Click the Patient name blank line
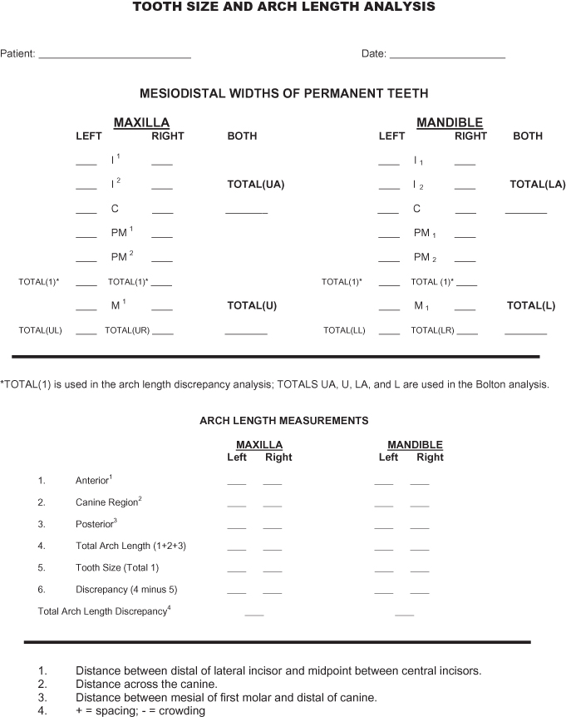pyautogui.click(x=115, y=56)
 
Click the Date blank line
pyautogui.click(x=447, y=56)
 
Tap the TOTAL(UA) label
pyautogui.click(x=256, y=185)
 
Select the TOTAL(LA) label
pyautogui.click(x=538, y=185)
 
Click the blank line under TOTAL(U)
pyautogui.click(x=246, y=333)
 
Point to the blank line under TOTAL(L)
pyautogui.click(x=525, y=333)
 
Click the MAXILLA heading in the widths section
pyautogui.click(x=141, y=122)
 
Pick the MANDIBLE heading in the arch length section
pyautogui.click(x=415, y=445)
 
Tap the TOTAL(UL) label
pyautogui.click(x=41, y=330)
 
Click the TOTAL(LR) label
pyautogui.click(x=432, y=330)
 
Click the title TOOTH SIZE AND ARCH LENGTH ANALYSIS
pyautogui.click(x=283, y=7)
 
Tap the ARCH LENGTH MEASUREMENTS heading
pyautogui.click(x=284, y=421)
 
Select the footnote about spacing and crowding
pyautogui.click(x=140, y=711)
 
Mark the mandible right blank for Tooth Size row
pyautogui.click(x=420, y=571)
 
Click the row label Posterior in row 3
pyautogui.click(x=95, y=525)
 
